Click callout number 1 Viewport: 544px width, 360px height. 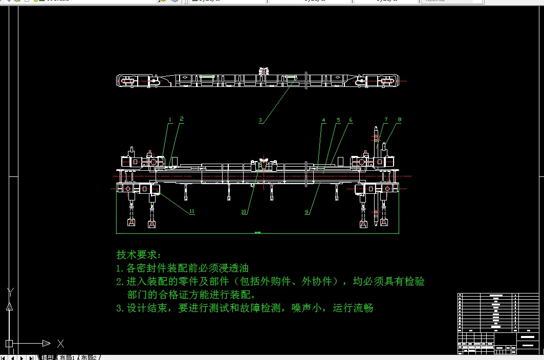coord(170,120)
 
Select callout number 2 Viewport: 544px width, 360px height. coord(181,119)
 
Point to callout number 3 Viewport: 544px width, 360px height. coord(260,121)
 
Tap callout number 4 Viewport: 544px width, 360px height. coord(323,120)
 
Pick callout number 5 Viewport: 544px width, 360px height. coord(338,120)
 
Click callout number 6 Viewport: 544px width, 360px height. coord(351,120)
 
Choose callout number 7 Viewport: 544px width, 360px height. coord(386,120)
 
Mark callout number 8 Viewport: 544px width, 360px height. coord(400,120)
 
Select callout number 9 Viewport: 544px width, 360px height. coord(307,212)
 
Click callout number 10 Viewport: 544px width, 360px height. coord(244,212)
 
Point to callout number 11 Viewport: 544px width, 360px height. coord(191,211)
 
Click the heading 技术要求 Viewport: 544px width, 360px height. coord(138,255)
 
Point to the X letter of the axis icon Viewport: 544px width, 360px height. coord(60,343)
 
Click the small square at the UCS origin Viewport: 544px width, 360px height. coord(9,343)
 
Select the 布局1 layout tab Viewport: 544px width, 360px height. coord(67,357)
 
